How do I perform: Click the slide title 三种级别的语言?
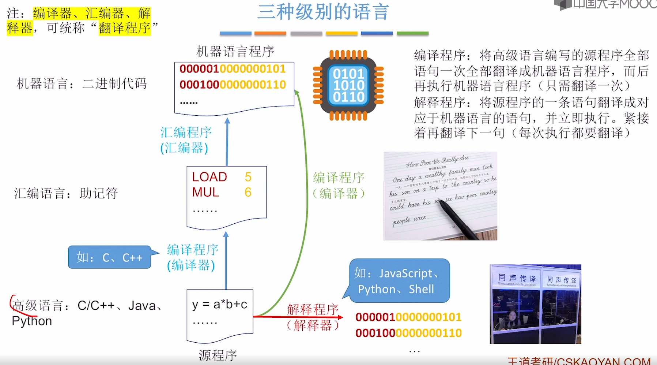click(x=323, y=12)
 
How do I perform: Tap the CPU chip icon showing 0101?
click(x=348, y=85)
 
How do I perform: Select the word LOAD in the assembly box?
click(x=209, y=177)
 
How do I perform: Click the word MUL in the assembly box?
click(x=205, y=192)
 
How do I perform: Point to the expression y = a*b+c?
click(x=220, y=304)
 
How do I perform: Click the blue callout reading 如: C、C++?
click(x=109, y=257)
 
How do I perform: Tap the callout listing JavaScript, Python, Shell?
click(x=399, y=281)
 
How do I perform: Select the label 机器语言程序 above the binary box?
click(x=235, y=52)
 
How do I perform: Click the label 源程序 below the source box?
click(x=218, y=355)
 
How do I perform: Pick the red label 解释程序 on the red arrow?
click(x=313, y=310)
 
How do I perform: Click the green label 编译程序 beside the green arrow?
click(x=339, y=178)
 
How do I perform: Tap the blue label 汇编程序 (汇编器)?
click(x=186, y=140)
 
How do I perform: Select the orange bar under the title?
click(x=270, y=33)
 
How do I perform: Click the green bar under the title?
click(x=412, y=33)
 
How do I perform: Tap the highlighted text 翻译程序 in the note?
click(x=125, y=28)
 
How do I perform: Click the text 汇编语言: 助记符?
click(x=66, y=193)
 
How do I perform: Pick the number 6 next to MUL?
click(x=248, y=192)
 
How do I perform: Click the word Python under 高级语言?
click(x=32, y=321)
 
